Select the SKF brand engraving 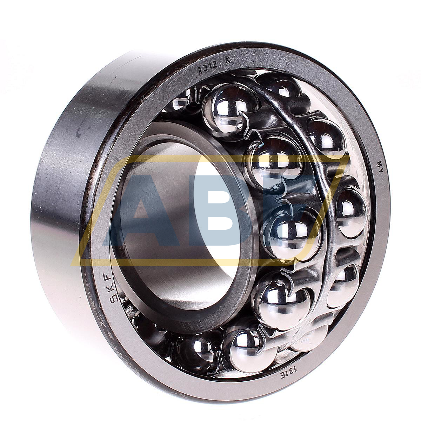[x=106, y=286]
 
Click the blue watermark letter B [x=225, y=210]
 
